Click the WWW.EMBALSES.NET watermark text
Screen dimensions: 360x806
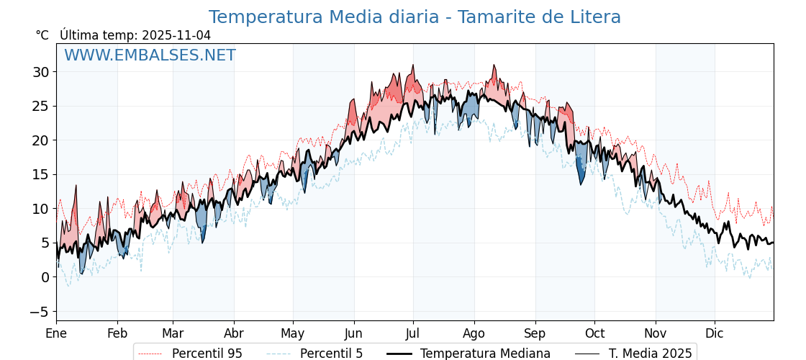tap(150, 55)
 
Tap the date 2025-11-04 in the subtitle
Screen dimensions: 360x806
tap(176, 35)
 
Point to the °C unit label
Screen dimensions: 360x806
tap(42, 35)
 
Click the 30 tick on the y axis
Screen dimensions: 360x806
tap(40, 72)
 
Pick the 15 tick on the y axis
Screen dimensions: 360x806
tap(40, 175)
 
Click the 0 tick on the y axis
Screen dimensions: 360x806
tap(45, 277)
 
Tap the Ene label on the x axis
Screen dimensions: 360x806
tap(56, 334)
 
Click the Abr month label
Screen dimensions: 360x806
tap(234, 334)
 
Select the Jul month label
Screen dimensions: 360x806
tap(413, 334)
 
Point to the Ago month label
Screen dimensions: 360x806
tap(474, 334)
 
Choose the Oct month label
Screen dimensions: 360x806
tap(594, 334)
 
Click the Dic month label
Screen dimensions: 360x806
tap(715, 334)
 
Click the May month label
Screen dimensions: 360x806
tap(293, 334)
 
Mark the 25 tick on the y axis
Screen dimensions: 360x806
tap(40, 107)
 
